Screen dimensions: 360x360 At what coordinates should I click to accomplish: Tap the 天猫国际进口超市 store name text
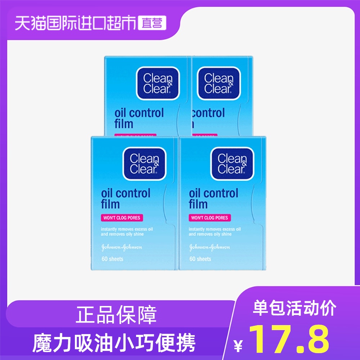(x=76, y=23)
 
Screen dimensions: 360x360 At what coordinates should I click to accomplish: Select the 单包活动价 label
(x=295, y=309)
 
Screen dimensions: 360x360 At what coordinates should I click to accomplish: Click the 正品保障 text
(x=116, y=315)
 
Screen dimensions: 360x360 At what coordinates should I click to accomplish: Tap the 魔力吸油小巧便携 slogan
(x=114, y=342)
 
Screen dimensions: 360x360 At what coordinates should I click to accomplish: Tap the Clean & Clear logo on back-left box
(x=158, y=83)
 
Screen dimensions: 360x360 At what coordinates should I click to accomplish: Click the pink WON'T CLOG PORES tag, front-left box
(x=121, y=218)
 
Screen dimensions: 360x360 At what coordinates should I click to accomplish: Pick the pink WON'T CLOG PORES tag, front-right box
(x=209, y=218)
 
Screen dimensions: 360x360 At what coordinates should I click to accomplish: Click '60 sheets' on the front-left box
(x=112, y=259)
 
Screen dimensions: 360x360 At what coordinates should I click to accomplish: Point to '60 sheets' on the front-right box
(x=200, y=259)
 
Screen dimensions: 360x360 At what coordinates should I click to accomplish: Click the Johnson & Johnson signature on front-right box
(x=210, y=247)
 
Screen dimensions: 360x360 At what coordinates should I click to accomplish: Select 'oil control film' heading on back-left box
(x=139, y=118)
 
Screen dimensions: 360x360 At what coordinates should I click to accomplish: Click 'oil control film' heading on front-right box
(x=213, y=199)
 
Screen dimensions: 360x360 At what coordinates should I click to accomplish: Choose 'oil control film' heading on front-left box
(x=126, y=199)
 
